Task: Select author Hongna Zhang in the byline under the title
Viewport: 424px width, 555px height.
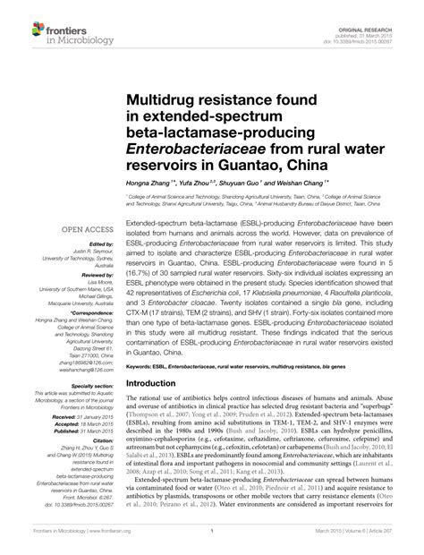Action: (x=152, y=181)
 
